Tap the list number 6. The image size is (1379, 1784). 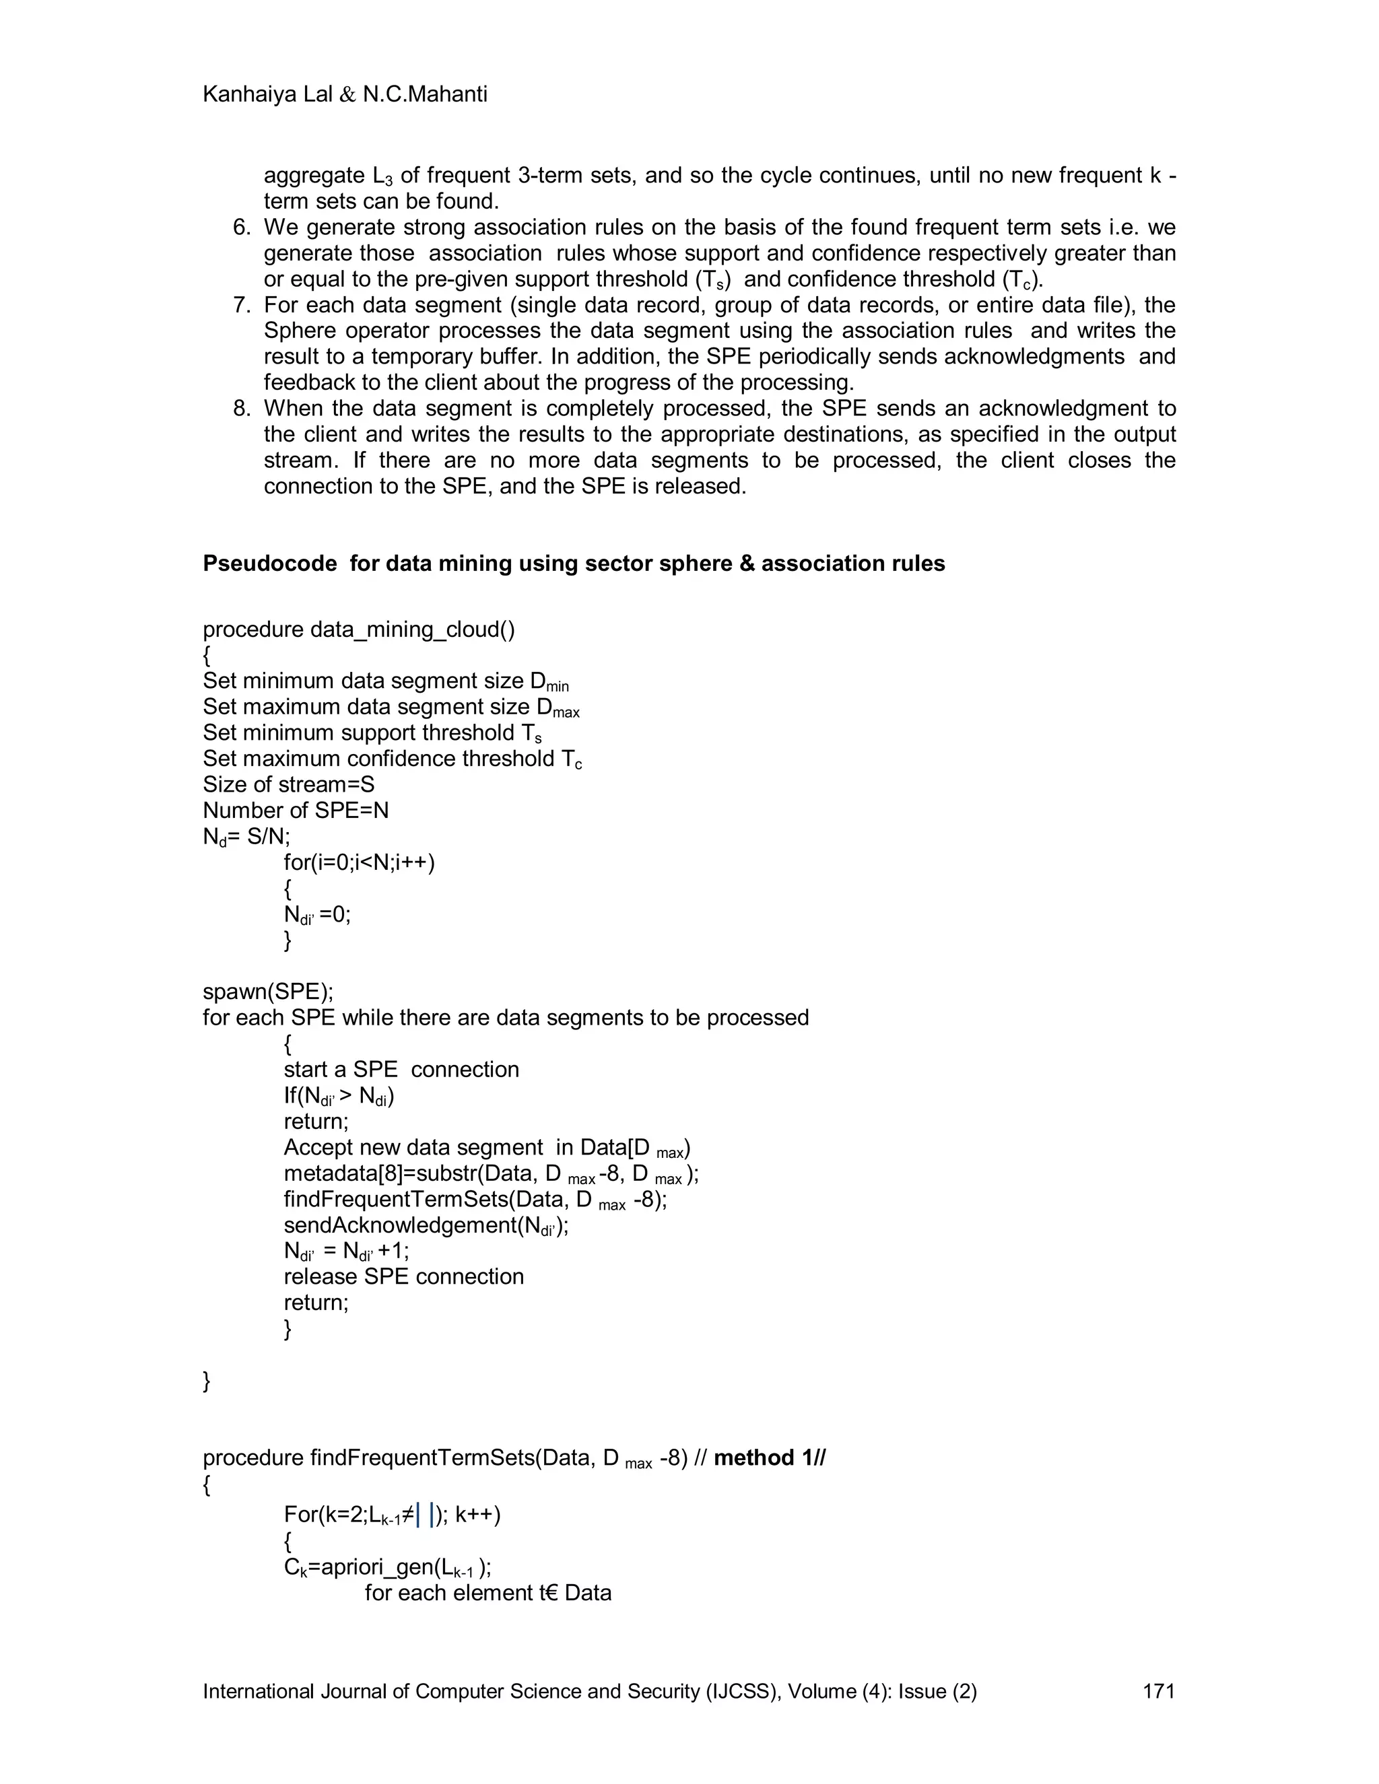[x=242, y=227]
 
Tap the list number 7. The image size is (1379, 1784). [x=242, y=306]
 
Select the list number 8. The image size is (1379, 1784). [x=242, y=409]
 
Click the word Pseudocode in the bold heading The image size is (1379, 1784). [x=269, y=563]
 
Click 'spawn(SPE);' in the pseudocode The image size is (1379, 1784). [x=268, y=992]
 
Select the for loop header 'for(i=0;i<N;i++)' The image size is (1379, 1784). [x=360, y=862]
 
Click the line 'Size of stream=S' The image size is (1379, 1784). [x=288, y=785]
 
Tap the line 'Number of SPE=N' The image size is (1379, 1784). [x=296, y=811]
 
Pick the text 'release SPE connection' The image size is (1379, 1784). [x=403, y=1276]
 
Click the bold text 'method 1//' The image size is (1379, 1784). [x=770, y=1458]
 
